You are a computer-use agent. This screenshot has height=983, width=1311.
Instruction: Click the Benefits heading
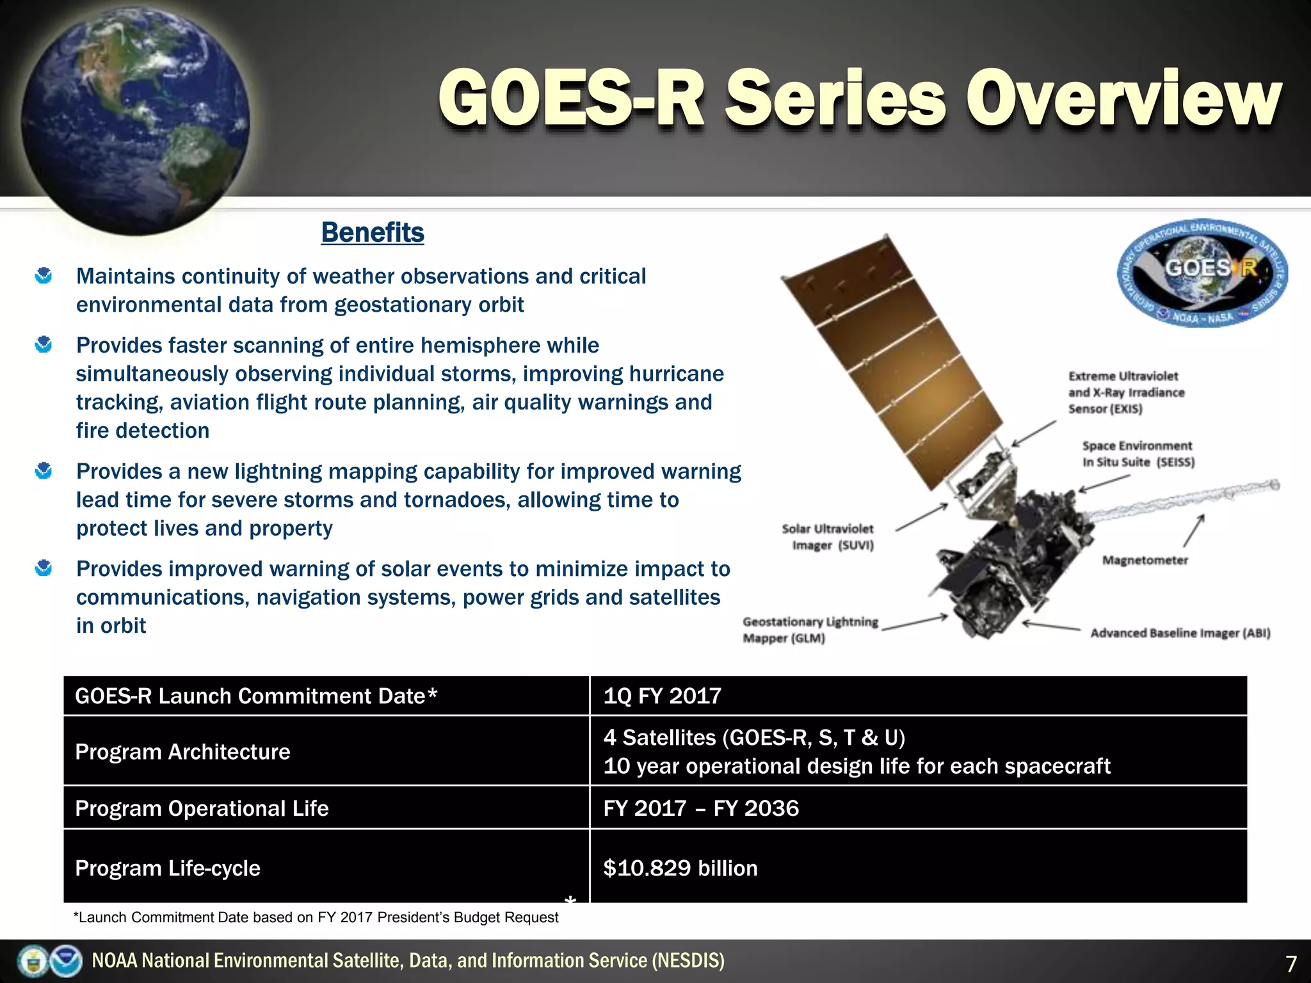tap(373, 232)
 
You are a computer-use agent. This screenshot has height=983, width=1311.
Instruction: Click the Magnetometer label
tap(1145, 561)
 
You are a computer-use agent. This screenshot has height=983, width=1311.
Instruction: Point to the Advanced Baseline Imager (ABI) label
tap(1180, 633)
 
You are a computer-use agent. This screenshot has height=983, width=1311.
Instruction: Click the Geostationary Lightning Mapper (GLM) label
tap(810, 630)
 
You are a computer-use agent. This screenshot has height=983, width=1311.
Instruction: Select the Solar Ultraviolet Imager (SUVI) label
tap(828, 537)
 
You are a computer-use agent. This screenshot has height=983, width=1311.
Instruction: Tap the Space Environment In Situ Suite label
tap(1138, 454)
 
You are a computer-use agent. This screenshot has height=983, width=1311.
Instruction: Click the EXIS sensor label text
tap(1125, 392)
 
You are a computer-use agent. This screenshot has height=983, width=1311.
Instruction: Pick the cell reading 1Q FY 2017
tap(662, 696)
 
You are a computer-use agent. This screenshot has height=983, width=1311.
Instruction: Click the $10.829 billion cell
tap(680, 868)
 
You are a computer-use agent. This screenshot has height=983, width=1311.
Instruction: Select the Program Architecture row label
tap(182, 751)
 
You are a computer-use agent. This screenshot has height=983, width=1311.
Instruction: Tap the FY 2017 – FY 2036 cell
tap(701, 808)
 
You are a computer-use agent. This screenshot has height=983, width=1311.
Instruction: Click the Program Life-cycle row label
tap(168, 868)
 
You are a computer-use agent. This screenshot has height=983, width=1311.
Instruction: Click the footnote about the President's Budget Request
tap(316, 918)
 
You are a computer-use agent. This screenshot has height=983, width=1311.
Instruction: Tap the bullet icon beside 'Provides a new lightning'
tap(44, 471)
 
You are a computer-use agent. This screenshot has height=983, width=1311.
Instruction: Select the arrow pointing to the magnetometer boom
tap(1194, 531)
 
